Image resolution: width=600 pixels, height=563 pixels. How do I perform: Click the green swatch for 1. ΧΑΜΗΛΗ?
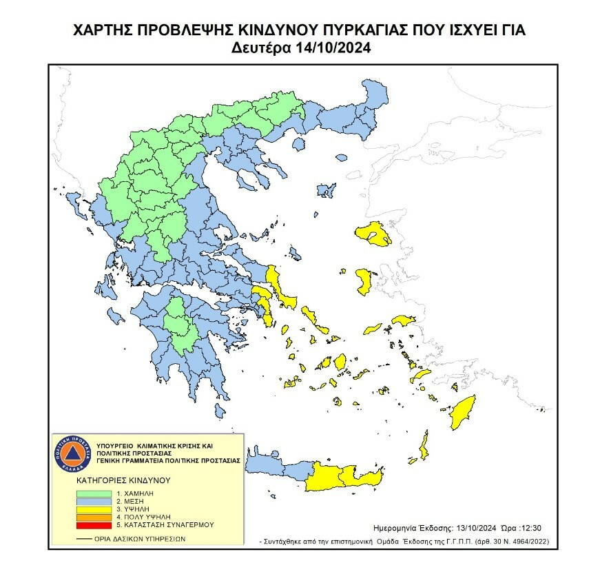click(92, 493)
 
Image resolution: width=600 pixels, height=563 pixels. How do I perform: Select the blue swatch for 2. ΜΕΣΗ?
click(92, 501)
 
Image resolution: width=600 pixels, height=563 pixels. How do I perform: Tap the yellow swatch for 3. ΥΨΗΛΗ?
click(92, 509)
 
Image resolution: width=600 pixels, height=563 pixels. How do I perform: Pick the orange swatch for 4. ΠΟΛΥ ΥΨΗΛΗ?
click(92, 516)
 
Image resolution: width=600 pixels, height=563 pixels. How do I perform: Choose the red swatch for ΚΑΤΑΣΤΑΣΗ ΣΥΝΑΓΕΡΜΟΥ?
click(92, 524)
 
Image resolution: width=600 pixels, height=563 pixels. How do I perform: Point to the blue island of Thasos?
click(298, 145)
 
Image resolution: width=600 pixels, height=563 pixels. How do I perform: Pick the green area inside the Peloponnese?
click(181, 323)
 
